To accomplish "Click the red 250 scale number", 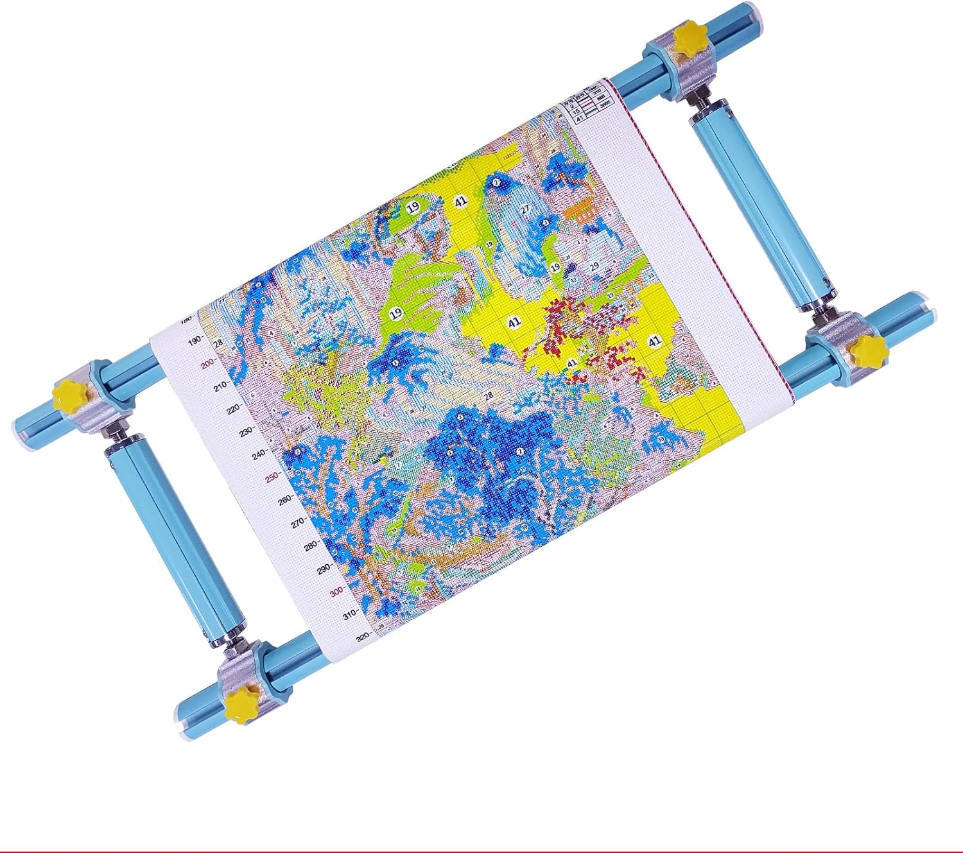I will click(272, 477).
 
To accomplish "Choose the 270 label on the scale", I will click(298, 523).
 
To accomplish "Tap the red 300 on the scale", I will click(337, 592).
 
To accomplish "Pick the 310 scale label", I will click(349, 615).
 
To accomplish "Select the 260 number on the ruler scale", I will click(285, 500).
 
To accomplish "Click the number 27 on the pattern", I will click(525, 209).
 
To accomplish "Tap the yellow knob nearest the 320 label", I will click(239, 702).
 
